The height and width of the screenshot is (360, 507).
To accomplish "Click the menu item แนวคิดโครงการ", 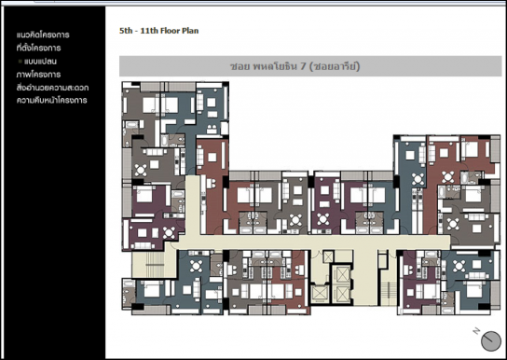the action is click(x=43, y=35).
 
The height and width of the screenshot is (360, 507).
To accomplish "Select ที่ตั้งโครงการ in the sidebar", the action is click(x=38, y=48).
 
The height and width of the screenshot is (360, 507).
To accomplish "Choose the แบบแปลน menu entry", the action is click(x=40, y=62).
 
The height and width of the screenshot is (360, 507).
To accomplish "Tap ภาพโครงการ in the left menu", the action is click(x=38, y=75).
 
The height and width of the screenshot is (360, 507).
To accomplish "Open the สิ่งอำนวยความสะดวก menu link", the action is click(x=52, y=88).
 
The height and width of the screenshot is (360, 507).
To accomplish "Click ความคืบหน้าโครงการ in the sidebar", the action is click(x=52, y=101).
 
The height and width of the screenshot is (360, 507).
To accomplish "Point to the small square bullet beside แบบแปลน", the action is click(x=21, y=61).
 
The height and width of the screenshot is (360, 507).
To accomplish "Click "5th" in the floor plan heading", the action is click(x=126, y=31).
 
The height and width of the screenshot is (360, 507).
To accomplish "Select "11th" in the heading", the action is click(x=150, y=31).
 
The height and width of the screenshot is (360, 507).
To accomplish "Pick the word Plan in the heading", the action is click(x=190, y=31).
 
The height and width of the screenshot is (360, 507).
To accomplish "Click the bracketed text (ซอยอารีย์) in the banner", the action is click(x=335, y=66).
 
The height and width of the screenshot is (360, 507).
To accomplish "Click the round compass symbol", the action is click(x=491, y=341).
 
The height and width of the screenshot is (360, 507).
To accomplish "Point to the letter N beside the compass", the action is click(x=476, y=331).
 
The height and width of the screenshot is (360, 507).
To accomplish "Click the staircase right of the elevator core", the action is click(x=389, y=293).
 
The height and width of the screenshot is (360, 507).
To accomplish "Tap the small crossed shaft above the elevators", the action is click(x=328, y=256).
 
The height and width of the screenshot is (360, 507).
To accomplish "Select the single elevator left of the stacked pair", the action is click(x=319, y=294).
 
